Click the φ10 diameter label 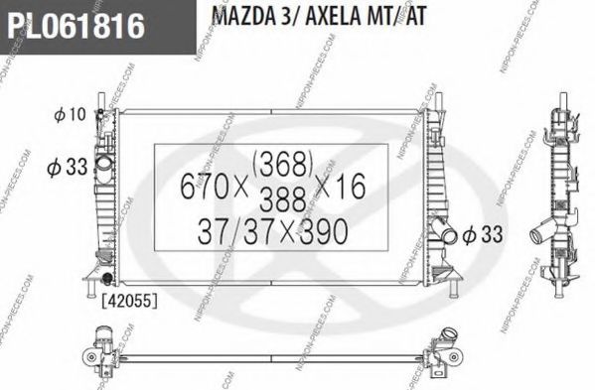click(x=71, y=116)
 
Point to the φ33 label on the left click(x=69, y=167)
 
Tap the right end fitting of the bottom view click(x=452, y=354)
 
